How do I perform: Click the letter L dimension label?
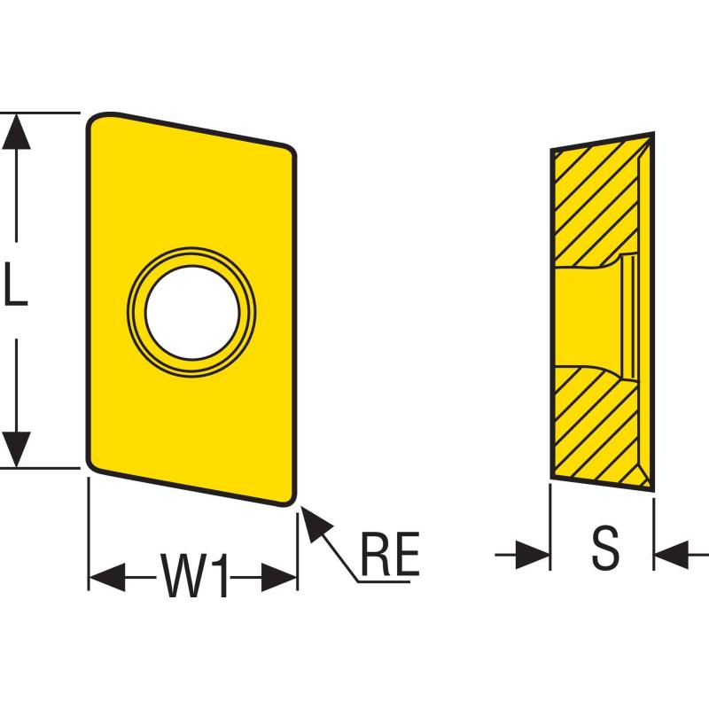15,284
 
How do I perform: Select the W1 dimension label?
193,574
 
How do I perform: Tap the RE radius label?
390,553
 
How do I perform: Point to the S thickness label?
605,547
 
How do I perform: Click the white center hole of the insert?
192,313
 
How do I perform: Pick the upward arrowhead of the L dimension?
16,131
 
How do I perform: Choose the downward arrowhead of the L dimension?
16,449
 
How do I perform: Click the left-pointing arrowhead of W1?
106,578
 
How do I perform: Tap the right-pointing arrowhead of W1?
279,578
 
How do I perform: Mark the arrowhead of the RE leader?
315,523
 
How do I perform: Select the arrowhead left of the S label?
533,555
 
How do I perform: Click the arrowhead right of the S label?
672,555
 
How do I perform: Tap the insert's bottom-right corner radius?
290,499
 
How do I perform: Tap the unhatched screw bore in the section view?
588,317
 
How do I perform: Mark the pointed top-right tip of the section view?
653,134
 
